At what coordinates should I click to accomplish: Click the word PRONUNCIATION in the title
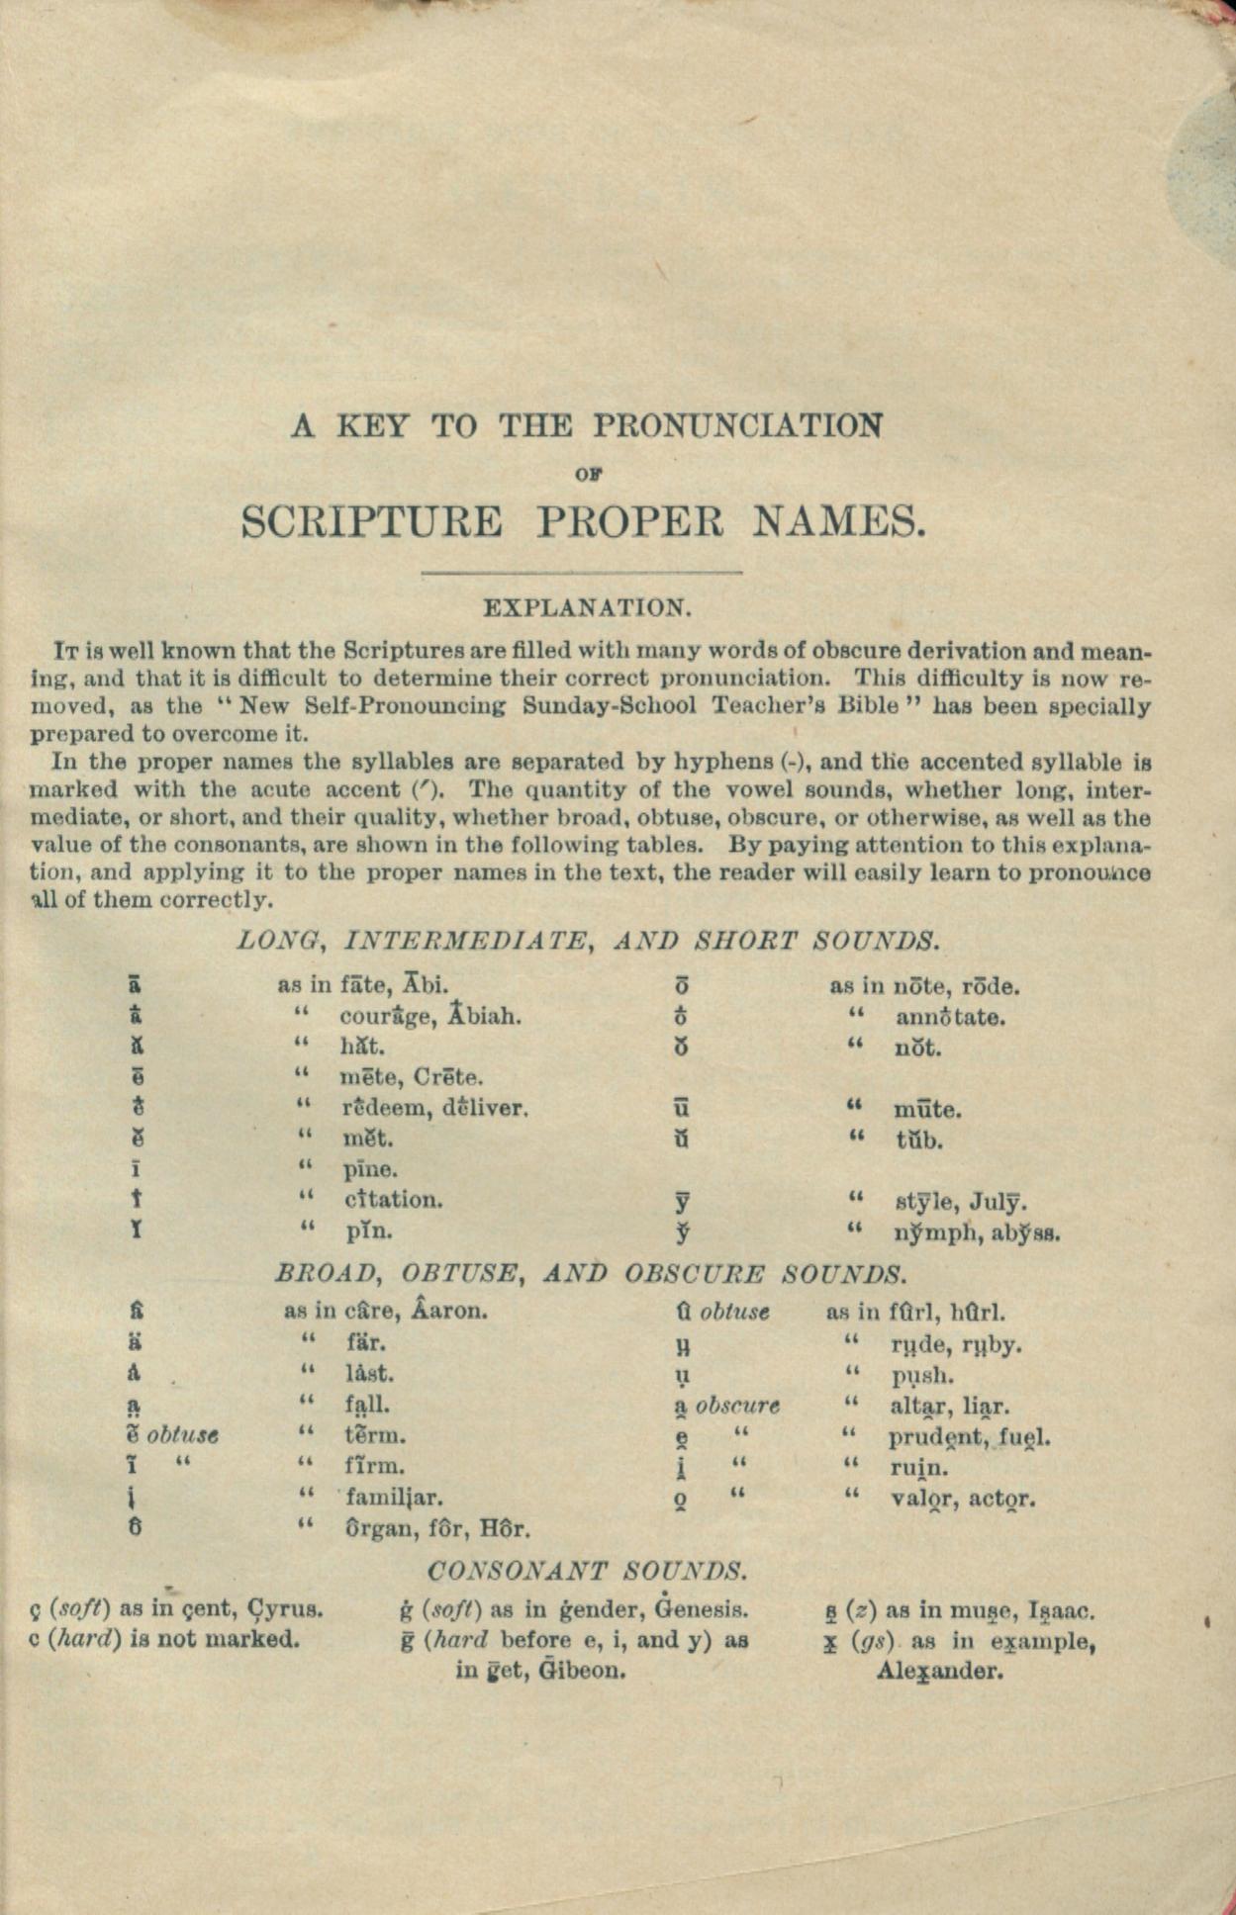(x=737, y=426)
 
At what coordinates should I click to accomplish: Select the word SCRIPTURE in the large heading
(x=371, y=521)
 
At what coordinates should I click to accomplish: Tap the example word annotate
(x=951, y=1017)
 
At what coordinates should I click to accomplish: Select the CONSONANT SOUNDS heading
(x=587, y=1570)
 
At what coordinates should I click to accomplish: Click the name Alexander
(x=940, y=1672)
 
